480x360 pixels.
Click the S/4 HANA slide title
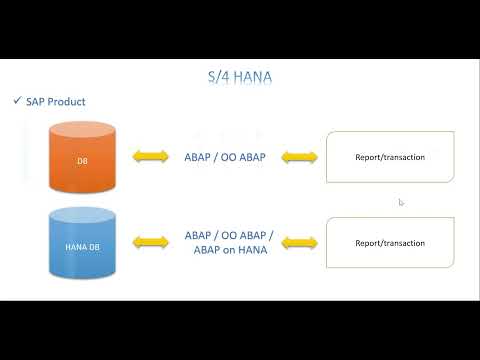point(240,76)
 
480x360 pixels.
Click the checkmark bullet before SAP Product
point(17,101)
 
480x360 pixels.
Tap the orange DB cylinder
point(84,160)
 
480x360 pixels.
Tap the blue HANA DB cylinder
point(84,245)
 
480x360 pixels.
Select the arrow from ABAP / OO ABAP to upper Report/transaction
point(299,157)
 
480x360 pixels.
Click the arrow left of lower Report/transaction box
point(299,242)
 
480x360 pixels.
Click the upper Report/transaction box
point(390,157)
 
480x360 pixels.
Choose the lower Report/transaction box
point(390,242)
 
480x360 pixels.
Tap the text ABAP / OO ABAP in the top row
point(225,157)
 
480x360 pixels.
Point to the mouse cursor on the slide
point(400,202)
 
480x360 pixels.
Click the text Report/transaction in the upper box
point(390,157)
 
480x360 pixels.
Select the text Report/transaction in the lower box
point(390,242)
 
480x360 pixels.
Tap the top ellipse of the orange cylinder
point(84,128)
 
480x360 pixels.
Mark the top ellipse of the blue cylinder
point(84,213)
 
